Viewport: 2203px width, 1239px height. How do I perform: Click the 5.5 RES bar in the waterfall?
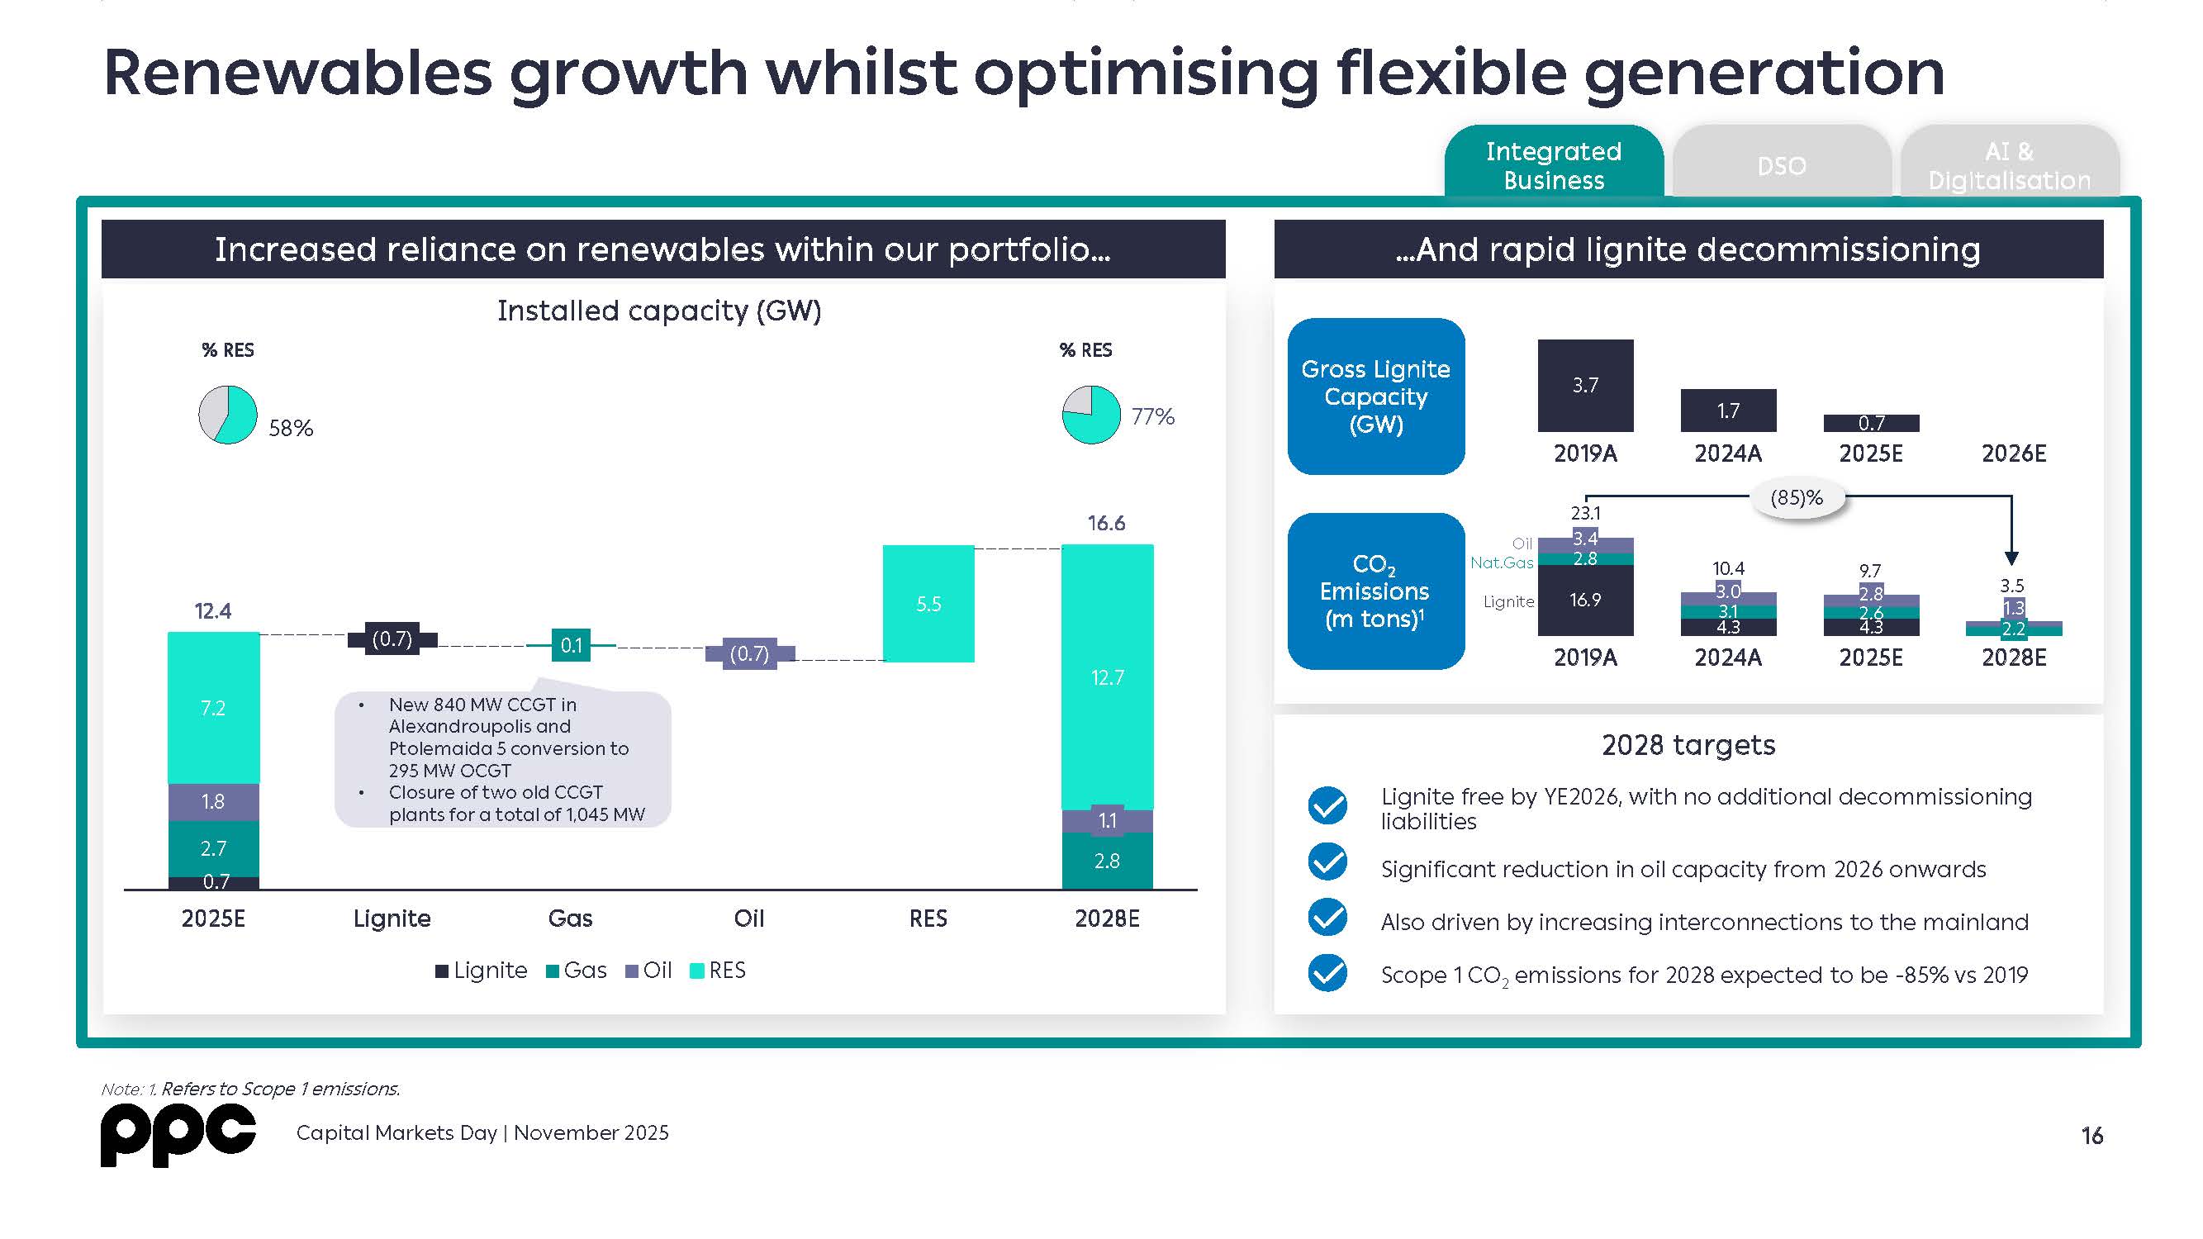pos(928,604)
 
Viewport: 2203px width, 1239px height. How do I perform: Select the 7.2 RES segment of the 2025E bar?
pos(213,707)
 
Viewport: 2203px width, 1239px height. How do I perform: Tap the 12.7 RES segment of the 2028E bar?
pos(1107,677)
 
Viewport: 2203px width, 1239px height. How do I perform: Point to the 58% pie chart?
pos(227,415)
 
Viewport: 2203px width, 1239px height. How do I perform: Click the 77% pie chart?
pos(1090,415)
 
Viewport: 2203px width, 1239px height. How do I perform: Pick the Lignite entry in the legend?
pos(481,971)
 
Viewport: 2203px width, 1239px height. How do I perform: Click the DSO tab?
pos(1782,165)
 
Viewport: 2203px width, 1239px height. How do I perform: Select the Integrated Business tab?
pos(1553,165)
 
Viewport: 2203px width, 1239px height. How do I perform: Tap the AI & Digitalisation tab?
pos(2009,165)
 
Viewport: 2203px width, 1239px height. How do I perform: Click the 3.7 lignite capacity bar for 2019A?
pos(1584,386)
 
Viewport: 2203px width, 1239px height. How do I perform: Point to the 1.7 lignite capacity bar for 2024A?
pos(1727,411)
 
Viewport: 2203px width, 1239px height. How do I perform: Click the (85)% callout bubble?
pos(1796,497)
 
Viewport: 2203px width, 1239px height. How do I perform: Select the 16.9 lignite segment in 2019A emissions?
pos(1584,601)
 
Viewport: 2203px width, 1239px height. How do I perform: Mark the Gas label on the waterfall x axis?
pos(570,919)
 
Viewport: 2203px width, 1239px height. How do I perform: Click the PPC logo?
pos(178,1135)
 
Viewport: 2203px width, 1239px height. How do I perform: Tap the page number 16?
pos(2091,1136)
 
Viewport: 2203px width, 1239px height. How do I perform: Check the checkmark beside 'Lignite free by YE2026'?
pos(1327,805)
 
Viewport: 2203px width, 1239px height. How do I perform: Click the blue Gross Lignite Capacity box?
pos(1375,396)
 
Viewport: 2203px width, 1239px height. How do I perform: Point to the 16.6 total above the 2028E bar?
pos(1106,524)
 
